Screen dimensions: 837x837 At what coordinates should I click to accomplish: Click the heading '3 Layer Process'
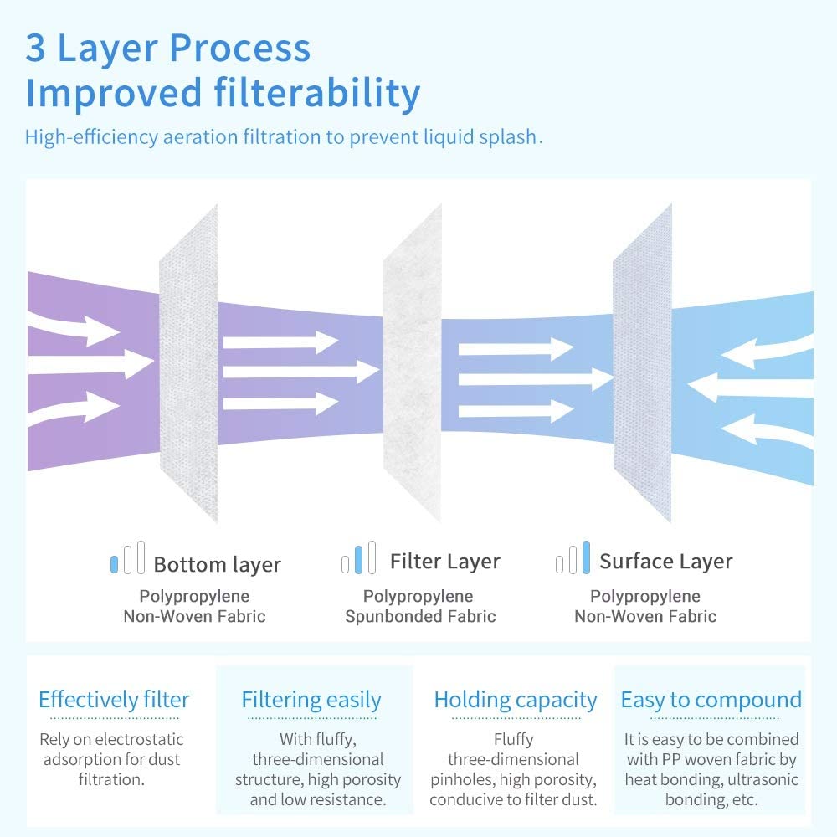[x=167, y=48]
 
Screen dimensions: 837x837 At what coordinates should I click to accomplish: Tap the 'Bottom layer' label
[x=217, y=565]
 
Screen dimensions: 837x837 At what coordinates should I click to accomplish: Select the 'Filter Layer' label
[x=444, y=562]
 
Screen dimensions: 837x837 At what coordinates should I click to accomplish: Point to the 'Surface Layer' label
[x=665, y=562]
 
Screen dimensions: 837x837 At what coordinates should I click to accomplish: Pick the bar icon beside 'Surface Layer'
[x=573, y=558]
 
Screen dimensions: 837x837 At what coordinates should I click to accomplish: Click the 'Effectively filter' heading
[x=114, y=700]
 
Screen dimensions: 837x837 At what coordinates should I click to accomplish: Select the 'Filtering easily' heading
[x=311, y=700]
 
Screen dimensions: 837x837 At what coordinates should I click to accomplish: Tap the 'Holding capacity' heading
[x=516, y=700]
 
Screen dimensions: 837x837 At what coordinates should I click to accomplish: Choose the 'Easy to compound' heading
[x=711, y=700]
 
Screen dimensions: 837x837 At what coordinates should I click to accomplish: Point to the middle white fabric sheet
[x=412, y=360]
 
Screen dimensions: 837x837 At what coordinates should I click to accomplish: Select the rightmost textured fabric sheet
[x=642, y=360]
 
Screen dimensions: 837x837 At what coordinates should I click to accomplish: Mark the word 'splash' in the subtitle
[x=511, y=137]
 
